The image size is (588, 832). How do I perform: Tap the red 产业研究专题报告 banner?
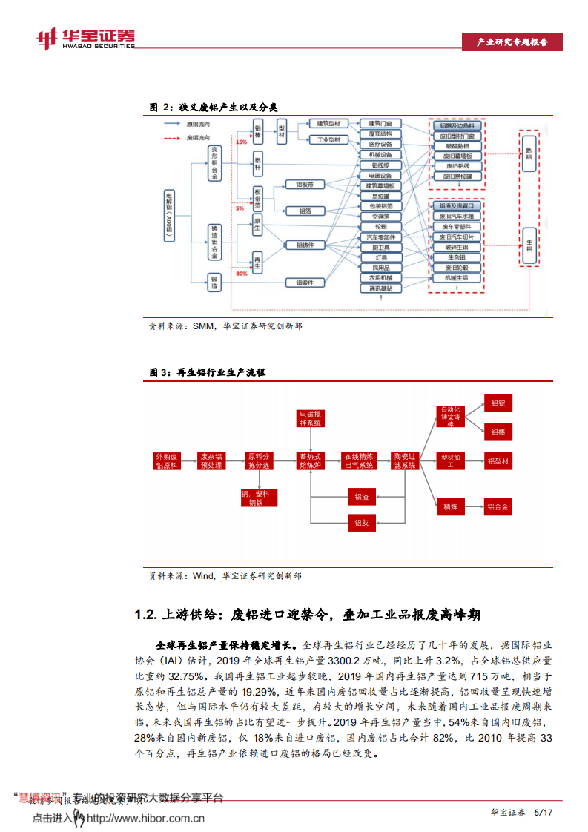click(x=512, y=43)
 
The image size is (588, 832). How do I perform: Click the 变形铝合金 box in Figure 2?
click(x=215, y=164)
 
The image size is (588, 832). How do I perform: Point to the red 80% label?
click(x=242, y=274)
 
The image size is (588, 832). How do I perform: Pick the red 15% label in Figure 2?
click(x=242, y=142)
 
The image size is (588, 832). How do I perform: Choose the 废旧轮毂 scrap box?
click(x=457, y=267)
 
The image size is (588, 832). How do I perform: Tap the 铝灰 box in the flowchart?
click(x=361, y=523)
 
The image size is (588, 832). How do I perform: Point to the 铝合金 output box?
click(x=498, y=507)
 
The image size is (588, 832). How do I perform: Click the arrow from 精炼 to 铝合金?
click(x=475, y=507)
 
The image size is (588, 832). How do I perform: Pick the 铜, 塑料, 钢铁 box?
click(x=257, y=497)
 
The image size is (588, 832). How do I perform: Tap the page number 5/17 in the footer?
click(x=544, y=813)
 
